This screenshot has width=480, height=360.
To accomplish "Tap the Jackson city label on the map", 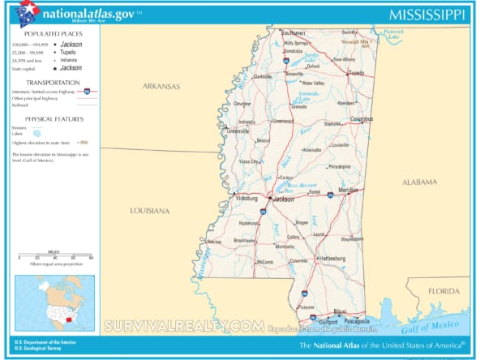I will point(284,198).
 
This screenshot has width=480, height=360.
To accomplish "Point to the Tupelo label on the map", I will point(356,73).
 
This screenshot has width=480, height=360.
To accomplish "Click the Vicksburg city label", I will point(246,197).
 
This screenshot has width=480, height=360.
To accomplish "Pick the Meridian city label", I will point(348,191).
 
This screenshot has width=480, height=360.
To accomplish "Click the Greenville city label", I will point(238,130).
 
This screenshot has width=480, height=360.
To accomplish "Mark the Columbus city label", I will point(362,119).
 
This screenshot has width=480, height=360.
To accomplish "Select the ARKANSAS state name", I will point(161,86).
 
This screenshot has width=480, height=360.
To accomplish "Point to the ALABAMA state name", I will point(419,182).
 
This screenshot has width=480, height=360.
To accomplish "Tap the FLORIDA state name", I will point(444,290).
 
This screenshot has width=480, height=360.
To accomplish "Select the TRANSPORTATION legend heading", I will point(53,83).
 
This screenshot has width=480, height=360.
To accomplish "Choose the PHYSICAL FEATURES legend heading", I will point(53,118).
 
